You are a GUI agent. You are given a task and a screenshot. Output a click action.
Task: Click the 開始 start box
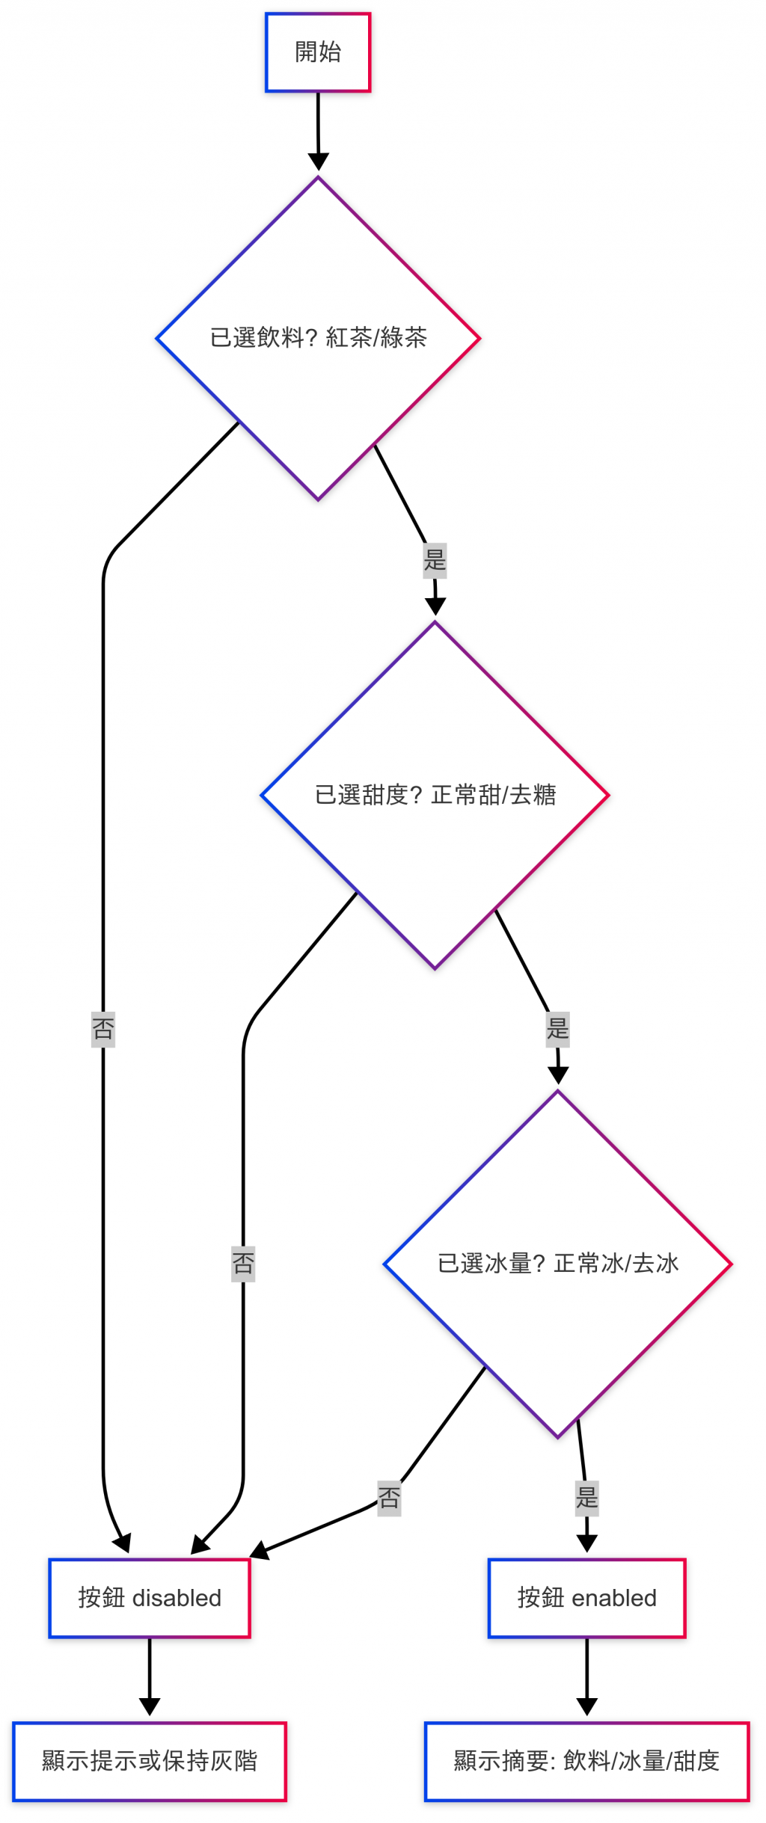[x=318, y=52]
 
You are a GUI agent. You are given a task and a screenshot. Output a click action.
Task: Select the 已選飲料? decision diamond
[x=318, y=338]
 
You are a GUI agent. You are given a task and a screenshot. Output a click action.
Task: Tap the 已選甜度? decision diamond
[x=435, y=795]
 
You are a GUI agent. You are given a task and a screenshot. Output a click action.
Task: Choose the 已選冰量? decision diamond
[x=557, y=1264]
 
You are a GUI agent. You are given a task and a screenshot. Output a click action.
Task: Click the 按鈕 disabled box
[x=150, y=1598]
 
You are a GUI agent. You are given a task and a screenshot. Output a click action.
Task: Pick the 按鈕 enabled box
[x=586, y=1598]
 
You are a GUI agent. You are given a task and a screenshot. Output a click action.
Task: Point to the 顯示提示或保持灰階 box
[x=150, y=1761]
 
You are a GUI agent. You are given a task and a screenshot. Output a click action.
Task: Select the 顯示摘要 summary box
[x=586, y=1761]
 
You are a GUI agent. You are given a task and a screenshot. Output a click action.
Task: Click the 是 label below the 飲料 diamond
[x=435, y=560]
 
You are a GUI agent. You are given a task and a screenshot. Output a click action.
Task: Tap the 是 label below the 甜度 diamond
[x=558, y=1028]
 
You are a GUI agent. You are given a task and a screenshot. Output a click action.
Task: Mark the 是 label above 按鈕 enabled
[x=587, y=1498]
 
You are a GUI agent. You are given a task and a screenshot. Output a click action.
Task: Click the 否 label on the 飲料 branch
[x=103, y=1028]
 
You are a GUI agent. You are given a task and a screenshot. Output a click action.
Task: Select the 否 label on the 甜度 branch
[x=243, y=1264]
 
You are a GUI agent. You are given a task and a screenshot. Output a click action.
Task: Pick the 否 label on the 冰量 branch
[x=389, y=1498]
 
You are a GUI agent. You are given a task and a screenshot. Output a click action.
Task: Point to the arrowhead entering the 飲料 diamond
[x=319, y=162]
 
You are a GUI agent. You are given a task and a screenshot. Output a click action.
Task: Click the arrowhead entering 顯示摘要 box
[x=587, y=1707]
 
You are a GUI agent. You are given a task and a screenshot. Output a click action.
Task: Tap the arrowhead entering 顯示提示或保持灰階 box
[x=150, y=1707]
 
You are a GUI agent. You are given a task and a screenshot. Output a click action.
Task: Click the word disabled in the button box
[x=177, y=1598]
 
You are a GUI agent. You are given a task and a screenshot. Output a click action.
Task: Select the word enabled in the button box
[x=613, y=1598]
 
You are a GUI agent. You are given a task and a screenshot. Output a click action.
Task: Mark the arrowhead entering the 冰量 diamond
[x=558, y=1075]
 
